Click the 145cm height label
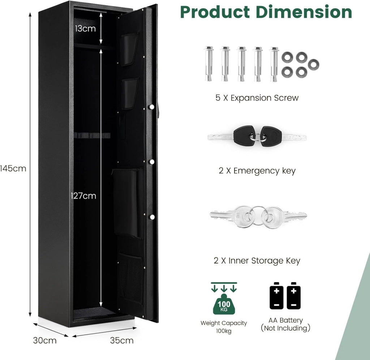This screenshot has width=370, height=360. [x=13, y=168]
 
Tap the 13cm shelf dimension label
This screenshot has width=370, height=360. [x=85, y=29]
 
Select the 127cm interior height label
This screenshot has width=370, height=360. [x=83, y=196]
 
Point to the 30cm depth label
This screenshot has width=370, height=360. [x=45, y=340]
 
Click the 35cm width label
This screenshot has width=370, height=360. [x=122, y=340]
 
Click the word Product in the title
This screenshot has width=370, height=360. [x=215, y=12]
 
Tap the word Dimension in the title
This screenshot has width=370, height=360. [x=304, y=12]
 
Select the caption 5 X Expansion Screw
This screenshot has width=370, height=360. [x=257, y=98]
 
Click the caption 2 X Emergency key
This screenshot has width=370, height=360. [x=257, y=171]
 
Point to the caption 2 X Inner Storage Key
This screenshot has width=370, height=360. [x=257, y=261]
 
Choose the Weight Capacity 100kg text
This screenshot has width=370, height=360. [x=224, y=327]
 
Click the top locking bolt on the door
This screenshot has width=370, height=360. [x=151, y=107]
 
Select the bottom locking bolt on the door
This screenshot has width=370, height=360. [x=151, y=217]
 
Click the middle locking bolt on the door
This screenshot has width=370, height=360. [x=151, y=162]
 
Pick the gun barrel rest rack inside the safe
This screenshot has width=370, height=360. [x=92, y=136]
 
